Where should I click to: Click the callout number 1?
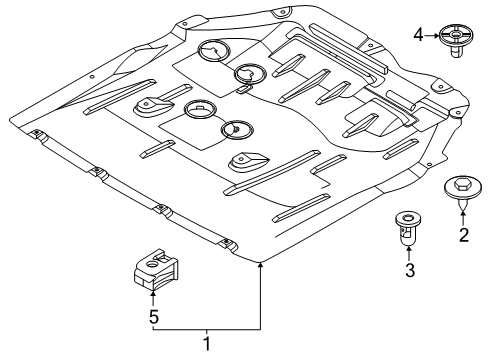pyautogui.click(x=207, y=343)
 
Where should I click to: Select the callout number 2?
pyautogui.click(x=464, y=235)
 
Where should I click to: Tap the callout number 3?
pyautogui.click(x=410, y=270)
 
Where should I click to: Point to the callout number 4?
pyautogui.click(x=419, y=35)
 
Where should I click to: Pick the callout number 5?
pyautogui.click(x=153, y=317)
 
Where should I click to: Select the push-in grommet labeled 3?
pyautogui.click(x=408, y=228)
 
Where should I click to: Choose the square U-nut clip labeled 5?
pyautogui.click(x=156, y=269)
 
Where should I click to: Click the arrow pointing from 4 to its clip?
pyautogui.click(x=432, y=35)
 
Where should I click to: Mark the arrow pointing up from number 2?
pyautogui.click(x=463, y=219)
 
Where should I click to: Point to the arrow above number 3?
pyautogui.click(x=409, y=253)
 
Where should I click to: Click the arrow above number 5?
pyautogui.click(x=153, y=299)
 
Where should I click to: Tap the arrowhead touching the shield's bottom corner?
pyautogui.click(x=260, y=265)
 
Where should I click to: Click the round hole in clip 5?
pyautogui.click(x=152, y=265)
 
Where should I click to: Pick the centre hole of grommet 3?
pyautogui.click(x=408, y=218)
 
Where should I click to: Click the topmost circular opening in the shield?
pyautogui.click(x=214, y=51)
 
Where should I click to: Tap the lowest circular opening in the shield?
pyautogui.click(x=237, y=130)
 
